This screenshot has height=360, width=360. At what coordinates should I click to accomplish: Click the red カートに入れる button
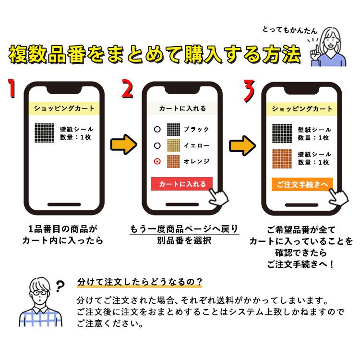click(182, 184)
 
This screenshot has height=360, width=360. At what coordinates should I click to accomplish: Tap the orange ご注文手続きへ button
click(302, 185)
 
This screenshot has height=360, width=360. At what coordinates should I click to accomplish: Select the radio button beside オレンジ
click(156, 162)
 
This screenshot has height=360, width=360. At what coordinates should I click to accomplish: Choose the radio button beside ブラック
click(156, 130)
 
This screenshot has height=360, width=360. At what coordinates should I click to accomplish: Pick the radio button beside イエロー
click(156, 145)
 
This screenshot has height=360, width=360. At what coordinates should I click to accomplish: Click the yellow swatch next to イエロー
click(173, 145)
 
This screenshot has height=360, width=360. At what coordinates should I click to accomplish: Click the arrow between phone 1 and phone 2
click(121, 145)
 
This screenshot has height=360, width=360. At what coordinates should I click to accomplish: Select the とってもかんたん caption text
click(289, 30)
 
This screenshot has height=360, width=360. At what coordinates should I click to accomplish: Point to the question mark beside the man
click(60, 287)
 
